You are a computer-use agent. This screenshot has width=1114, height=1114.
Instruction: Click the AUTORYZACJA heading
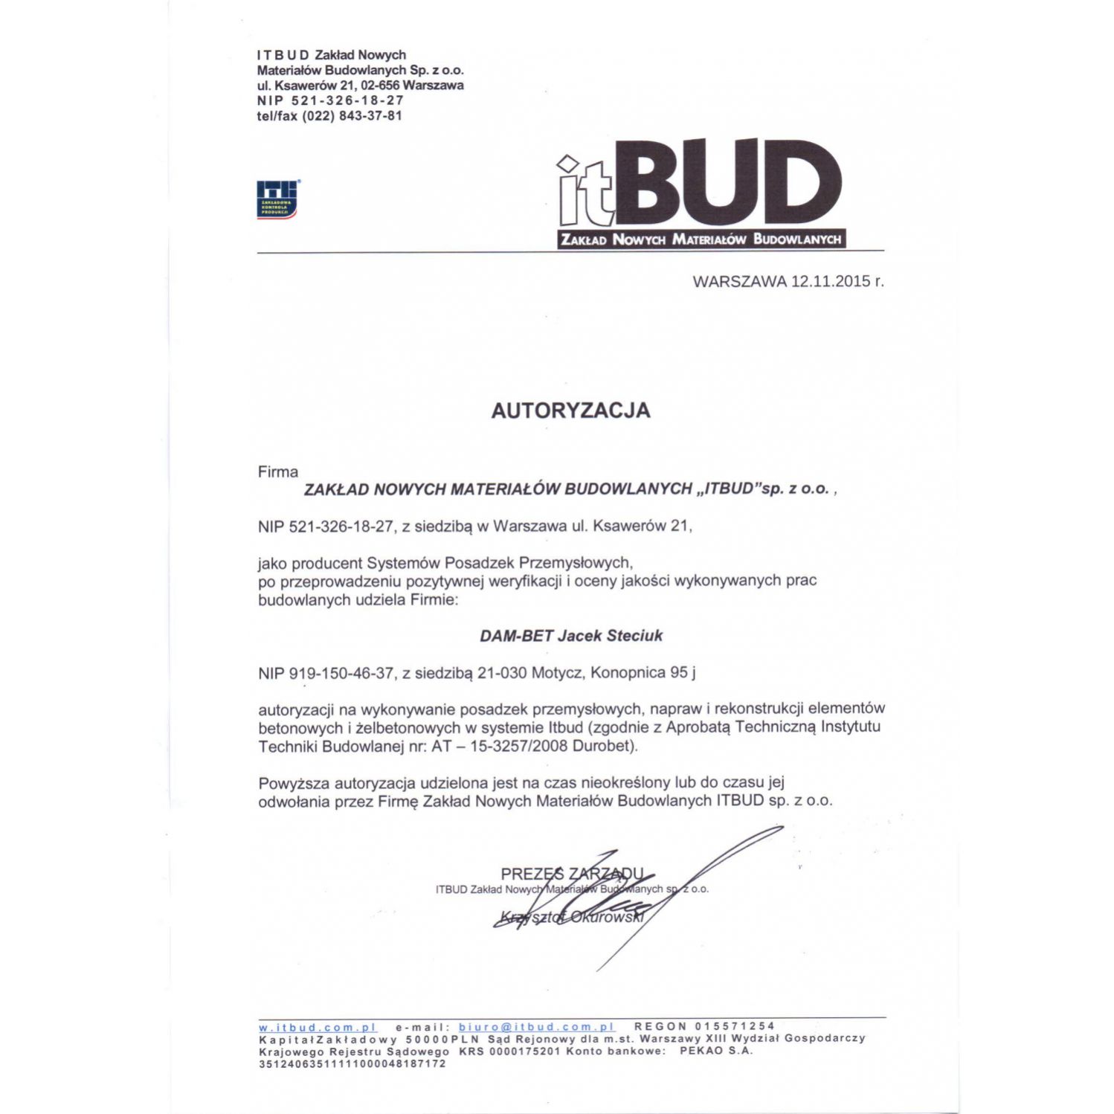(570, 410)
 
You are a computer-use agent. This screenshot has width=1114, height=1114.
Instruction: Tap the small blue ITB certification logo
(277, 199)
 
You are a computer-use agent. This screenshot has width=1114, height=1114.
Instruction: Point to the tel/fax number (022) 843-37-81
(352, 116)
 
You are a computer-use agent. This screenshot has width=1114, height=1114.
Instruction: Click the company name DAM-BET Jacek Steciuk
(570, 636)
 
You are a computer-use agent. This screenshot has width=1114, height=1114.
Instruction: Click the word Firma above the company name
(278, 472)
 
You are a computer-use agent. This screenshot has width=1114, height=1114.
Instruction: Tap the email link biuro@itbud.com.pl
(536, 1027)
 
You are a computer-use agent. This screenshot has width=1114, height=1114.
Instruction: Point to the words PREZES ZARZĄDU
(572, 874)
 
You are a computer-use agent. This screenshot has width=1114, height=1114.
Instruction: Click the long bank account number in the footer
(352, 1064)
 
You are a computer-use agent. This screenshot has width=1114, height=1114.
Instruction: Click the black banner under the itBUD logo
(701, 239)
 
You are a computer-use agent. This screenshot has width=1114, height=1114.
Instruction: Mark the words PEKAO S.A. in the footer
(716, 1052)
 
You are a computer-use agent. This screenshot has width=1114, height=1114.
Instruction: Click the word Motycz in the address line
(558, 673)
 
